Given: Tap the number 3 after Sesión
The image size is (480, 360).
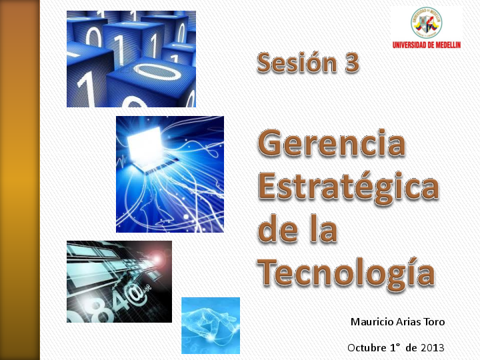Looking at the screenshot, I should (x=351, y=63).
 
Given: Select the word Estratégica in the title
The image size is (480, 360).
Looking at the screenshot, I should (x=348, y=187).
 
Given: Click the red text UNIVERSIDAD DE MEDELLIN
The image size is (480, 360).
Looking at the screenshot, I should (x=426, y=45).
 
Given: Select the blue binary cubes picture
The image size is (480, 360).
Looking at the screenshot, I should (x=131, y=59).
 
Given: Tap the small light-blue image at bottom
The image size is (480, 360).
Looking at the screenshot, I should (x=210, y=325).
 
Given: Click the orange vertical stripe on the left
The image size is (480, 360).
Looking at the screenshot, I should (x=20, y=180).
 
